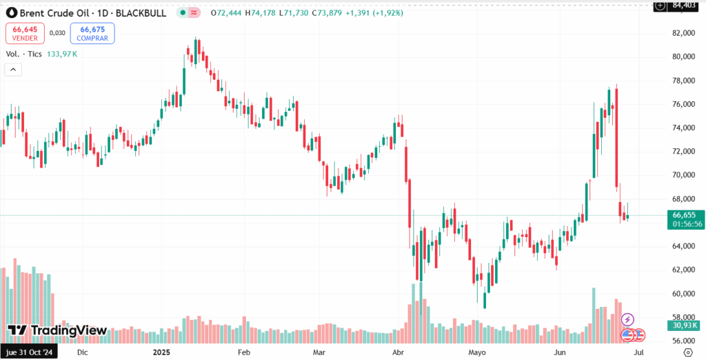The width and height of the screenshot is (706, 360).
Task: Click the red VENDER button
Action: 25,32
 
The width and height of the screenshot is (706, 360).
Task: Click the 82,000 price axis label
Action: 686,33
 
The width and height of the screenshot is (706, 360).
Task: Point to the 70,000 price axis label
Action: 686,175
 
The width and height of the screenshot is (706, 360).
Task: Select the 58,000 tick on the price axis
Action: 686,317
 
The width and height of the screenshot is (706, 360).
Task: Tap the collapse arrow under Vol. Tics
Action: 13,70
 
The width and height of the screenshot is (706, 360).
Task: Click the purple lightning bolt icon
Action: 627,319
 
